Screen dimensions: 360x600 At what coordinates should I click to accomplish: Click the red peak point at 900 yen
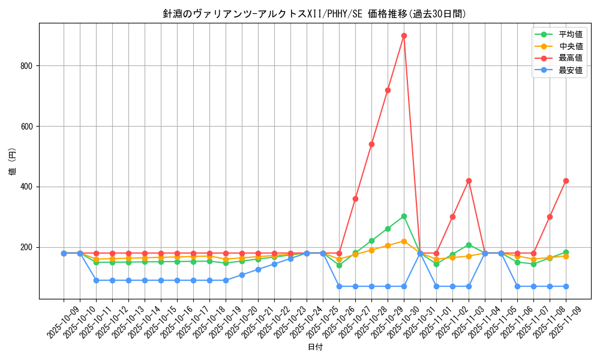404,35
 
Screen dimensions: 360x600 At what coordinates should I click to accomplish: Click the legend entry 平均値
570,34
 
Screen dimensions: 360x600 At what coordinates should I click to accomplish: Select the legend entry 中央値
570,46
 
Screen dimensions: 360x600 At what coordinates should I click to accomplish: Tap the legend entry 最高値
570,58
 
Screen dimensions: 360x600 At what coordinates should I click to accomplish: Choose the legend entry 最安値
570,70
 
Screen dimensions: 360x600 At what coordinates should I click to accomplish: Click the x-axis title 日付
315,347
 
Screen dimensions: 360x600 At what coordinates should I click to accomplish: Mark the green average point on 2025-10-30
404,216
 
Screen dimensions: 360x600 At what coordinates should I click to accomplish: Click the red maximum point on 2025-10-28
371,144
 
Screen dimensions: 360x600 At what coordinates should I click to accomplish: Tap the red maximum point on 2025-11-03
469,181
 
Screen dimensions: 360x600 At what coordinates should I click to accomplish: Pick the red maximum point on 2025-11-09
566,181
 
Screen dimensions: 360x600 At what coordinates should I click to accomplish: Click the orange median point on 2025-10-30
404,241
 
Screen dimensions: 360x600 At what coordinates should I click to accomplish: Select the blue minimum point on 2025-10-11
96,280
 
